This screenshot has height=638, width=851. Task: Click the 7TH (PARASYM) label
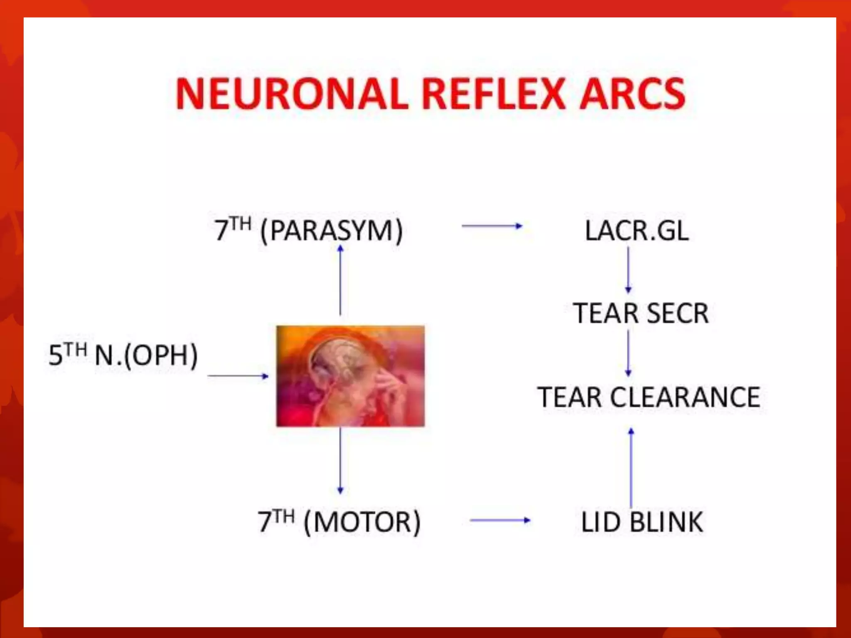point(308,231)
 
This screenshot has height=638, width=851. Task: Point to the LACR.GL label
point(637,231)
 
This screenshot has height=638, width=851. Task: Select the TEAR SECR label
point(641,313)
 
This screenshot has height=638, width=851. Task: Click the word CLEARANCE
point(685,397)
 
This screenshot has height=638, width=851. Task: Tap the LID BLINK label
point(642,522)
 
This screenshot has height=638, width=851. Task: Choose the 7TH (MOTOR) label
point(339,522)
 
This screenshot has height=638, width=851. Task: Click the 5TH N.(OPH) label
point(123,355)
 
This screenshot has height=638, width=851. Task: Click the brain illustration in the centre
point(350,376)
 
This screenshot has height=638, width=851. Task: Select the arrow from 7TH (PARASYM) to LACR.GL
point(492,226)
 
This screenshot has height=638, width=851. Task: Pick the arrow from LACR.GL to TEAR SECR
point(628,270)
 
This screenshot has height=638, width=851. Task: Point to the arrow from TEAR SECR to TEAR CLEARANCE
point(628,353)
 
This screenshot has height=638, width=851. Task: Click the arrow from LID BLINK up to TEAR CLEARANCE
point(631,467)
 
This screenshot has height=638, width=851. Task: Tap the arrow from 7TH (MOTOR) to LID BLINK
point(500,520)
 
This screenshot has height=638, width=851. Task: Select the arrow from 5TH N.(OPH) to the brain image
point(238,376)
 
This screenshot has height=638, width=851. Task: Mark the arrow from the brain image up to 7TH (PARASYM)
point(340,280)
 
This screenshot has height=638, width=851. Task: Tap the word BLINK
point(666,522)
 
